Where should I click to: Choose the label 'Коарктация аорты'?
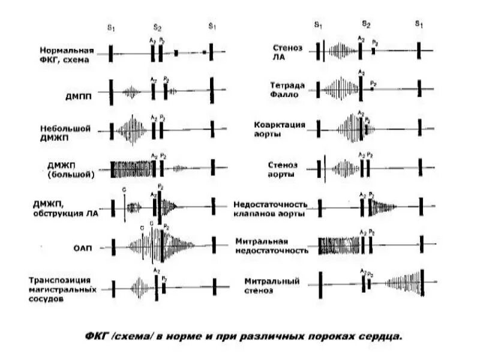pos(280,129)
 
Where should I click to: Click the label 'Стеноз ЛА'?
pos(287,52)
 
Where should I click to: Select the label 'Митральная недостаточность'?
pos(272,246)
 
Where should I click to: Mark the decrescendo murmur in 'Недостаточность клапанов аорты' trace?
pos(382,208)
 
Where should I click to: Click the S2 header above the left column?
pos(157,27)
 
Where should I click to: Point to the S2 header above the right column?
pos(366,24)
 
